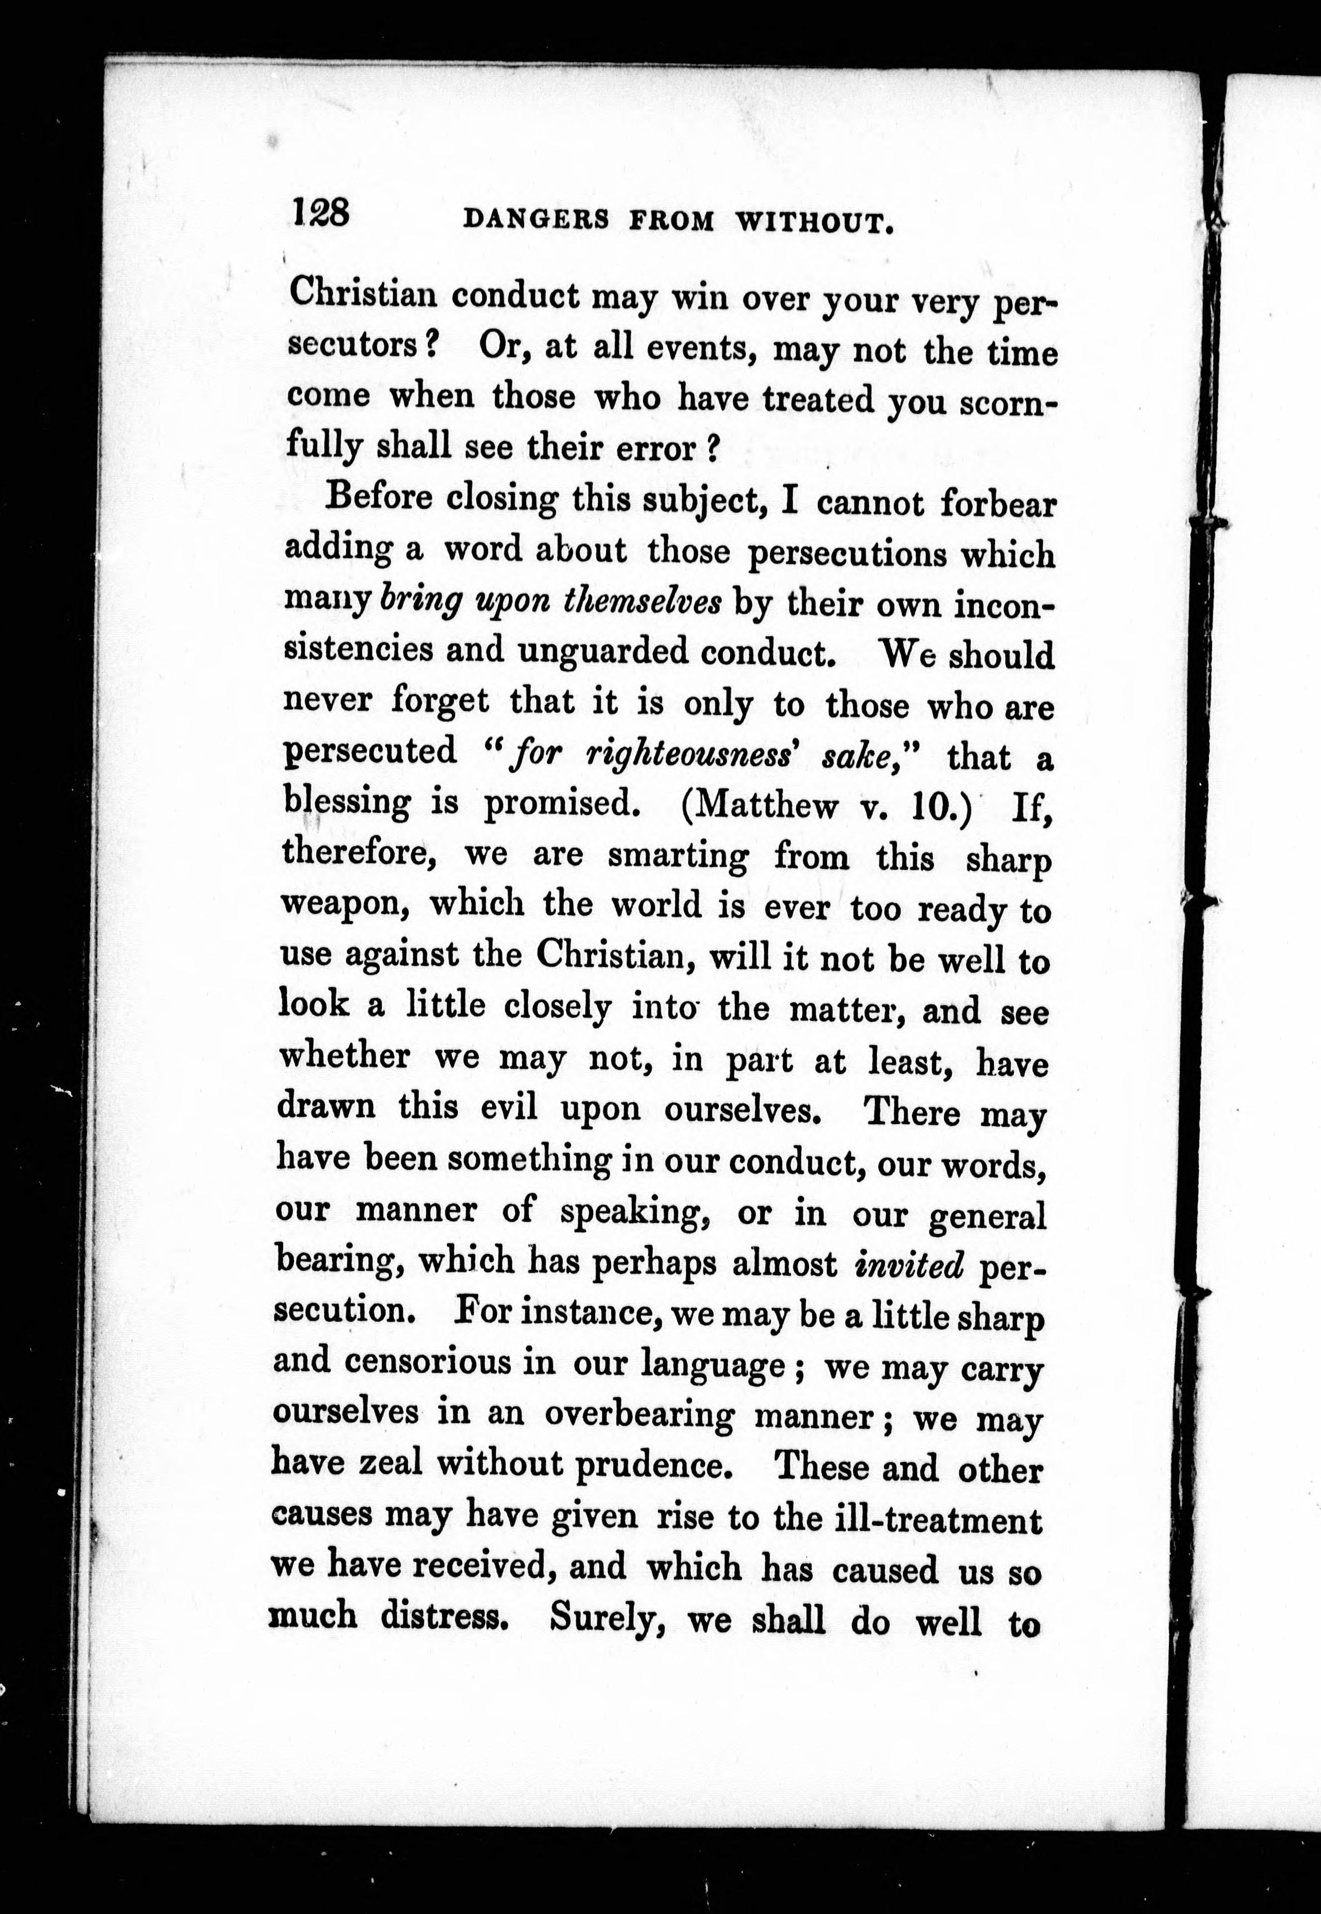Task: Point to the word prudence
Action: [666, 1465]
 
